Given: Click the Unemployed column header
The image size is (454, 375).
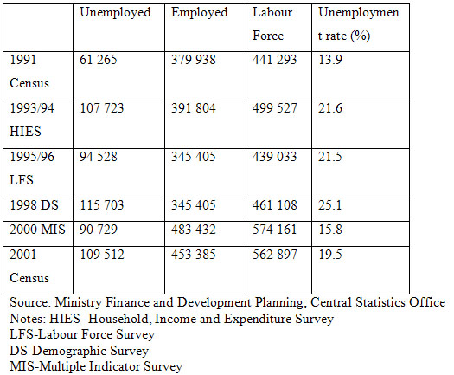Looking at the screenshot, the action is click(115, 13).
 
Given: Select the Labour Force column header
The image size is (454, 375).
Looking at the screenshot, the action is click(272, 23).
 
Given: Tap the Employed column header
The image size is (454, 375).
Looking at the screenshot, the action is click(200, 13).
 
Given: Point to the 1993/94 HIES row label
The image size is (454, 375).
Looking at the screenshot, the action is click(32, 120).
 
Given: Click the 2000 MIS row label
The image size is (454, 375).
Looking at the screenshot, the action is click(37, 230).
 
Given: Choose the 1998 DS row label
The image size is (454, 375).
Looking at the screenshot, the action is click(34, 205).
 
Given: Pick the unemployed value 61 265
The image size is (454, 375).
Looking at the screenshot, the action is click(99, 60).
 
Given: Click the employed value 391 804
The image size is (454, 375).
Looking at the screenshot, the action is click(194, 108).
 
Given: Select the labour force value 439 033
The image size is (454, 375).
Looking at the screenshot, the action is click(274, 157).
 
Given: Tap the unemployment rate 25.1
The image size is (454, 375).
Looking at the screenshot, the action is click(330, 205).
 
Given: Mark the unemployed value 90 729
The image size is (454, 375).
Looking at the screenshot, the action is click(99, 230).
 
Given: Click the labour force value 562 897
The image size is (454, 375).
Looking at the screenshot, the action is click(274, 255).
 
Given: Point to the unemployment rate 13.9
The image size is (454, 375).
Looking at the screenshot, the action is click(330, 60).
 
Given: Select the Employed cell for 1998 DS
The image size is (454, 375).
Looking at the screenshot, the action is click(194, 205).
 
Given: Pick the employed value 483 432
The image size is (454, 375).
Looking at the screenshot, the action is click(194, 230).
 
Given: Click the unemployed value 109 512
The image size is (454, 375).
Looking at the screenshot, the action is click(102, 255).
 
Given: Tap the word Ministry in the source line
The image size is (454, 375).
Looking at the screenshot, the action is click(78, 303).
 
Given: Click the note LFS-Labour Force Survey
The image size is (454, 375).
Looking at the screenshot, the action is click(82, 334).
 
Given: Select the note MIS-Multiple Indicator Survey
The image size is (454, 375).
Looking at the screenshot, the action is click(96, 366).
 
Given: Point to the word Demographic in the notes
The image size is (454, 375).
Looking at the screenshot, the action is click(69, 351).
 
